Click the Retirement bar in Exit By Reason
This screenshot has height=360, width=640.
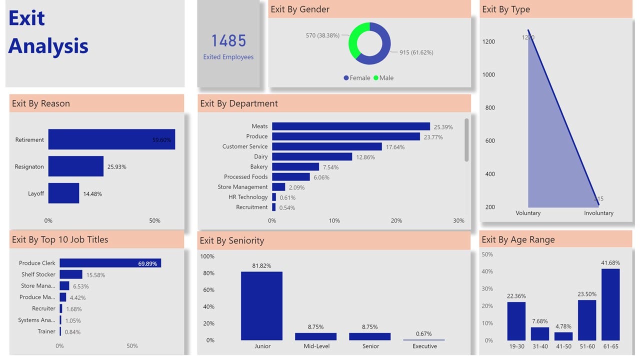(111, 139)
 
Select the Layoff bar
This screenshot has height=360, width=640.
(63, 193)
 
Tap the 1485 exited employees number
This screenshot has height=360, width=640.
(228, 40)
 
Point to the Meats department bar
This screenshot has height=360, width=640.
(350, 126)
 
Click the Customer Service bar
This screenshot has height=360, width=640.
(326, 146)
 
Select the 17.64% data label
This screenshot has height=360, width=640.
(395, 147)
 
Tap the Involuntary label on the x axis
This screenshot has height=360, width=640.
(598, 213)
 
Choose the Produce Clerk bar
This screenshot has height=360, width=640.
(110, 263)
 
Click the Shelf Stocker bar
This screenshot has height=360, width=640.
(70, 274)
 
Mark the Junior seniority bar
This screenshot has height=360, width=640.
(261, 306)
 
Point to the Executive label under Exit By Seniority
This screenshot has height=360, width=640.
(424, 346)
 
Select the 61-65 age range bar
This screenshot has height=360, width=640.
(610, 304)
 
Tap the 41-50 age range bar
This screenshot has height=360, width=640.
(563, 336)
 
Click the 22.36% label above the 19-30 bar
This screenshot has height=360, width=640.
(516, 296)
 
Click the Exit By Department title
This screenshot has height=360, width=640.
(239, 103)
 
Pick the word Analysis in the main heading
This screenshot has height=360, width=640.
(48, 46)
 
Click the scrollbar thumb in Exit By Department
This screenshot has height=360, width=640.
(466, 140)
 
